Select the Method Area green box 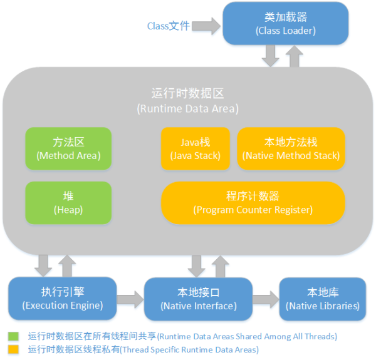point(68,148)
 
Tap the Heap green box point(68,202)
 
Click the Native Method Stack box point(291,148)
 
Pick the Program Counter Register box point(253,202)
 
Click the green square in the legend point(13,336)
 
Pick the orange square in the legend point(13,349)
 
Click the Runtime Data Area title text point(187,100)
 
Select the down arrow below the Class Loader point(271,57)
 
